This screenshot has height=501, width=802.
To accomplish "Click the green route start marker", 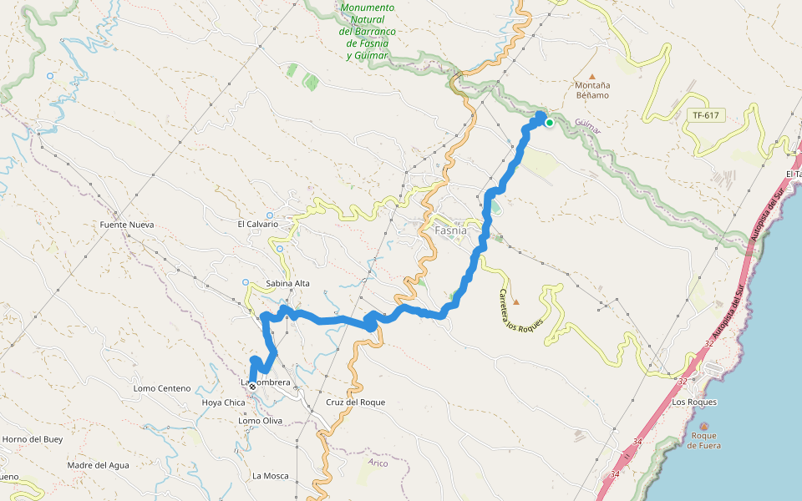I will [550, 123].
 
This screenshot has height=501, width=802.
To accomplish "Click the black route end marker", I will [252, 387].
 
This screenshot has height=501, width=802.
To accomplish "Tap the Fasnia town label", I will [451, 230].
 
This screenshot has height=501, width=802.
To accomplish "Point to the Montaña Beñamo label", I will [592, 90].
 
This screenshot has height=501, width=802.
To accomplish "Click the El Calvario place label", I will [257, 225].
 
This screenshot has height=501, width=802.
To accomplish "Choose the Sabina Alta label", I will [287, 283].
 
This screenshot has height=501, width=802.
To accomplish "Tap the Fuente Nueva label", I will [127, 225].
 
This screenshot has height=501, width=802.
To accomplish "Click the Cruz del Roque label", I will [356, 402].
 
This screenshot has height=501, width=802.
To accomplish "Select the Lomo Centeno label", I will [162, 388].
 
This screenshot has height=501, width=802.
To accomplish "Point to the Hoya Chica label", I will [224, 402].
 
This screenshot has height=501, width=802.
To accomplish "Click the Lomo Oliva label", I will [261, 421].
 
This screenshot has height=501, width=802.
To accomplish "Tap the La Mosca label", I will [271, 476].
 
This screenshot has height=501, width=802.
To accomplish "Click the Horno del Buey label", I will [33, 439].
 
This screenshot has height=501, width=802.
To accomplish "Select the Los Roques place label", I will [694, 402].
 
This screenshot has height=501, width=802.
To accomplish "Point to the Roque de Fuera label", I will [703, 440].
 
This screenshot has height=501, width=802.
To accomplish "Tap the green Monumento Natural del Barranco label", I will [368, 32].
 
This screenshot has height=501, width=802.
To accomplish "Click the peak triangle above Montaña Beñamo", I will [592, 74].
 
